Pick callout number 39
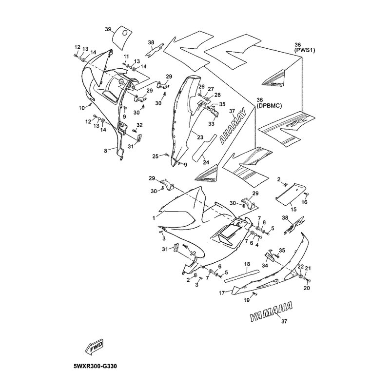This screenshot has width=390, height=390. pos(108,29)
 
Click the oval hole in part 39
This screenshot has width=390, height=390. pos(125,33)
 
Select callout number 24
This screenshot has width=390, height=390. pos(206,162)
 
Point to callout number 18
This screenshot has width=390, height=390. pos(247,264)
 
